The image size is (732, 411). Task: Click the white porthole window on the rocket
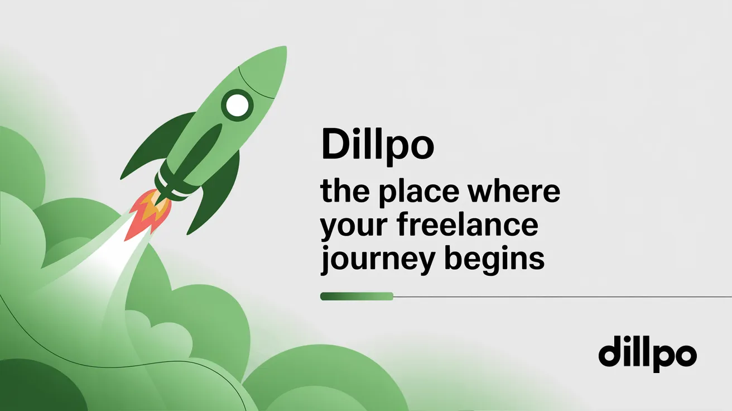(238, 104)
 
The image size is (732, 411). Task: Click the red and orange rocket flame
(148, 213)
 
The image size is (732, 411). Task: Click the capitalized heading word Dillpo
(377, 144)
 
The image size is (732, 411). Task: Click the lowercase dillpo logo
(647, 354)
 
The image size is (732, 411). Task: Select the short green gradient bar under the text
(357, 297)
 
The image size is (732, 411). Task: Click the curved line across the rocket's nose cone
(255, 84)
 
